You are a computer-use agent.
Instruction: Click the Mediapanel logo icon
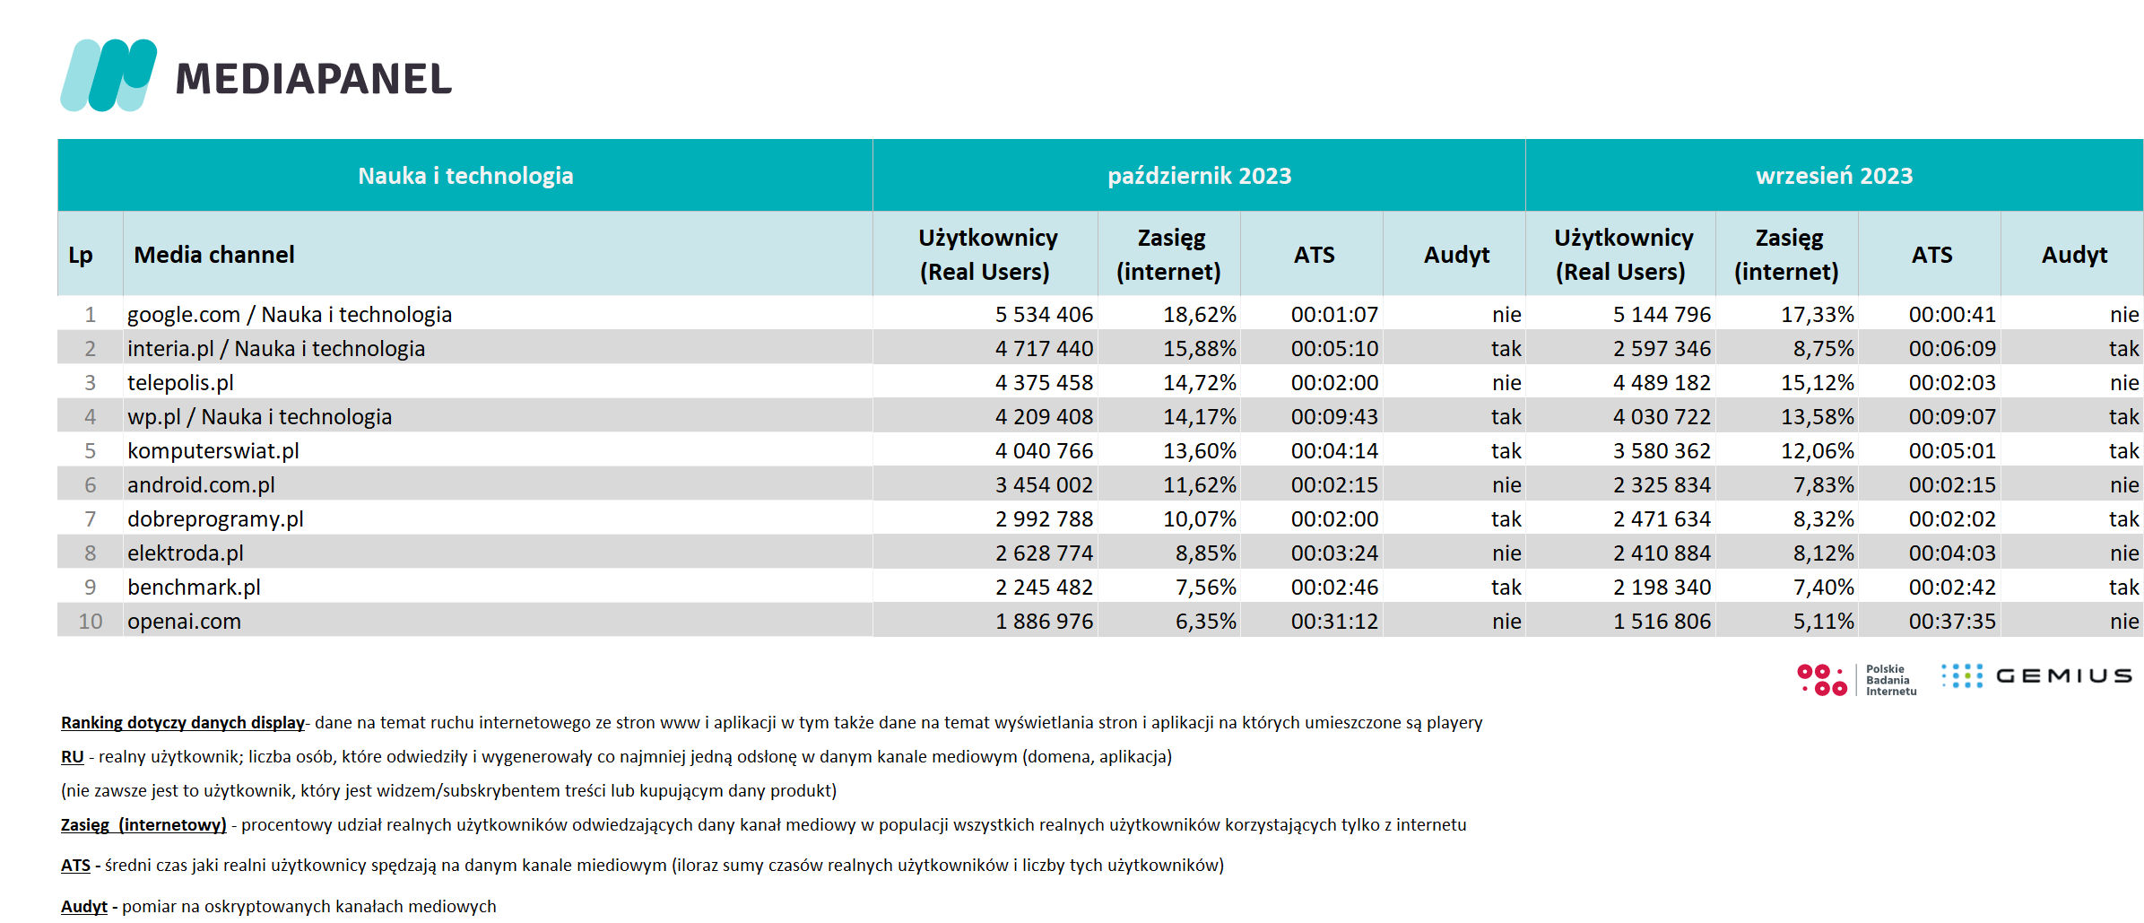click(x=109, y=75)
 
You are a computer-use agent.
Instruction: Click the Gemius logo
click(x=2036, y=675)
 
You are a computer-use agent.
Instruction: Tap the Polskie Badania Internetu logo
click(x=1856, y=680)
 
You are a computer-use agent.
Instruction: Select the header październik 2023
click(x=1199, y=176)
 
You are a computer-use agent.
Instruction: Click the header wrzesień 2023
click(x=1834, y=176)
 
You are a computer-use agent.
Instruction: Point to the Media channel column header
click(x=214, y=255)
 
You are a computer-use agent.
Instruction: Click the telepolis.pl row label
click(x=180, y=383)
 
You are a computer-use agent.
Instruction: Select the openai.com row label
click(x=184, y=622)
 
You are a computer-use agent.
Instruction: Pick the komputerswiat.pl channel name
click(x=213, y=451)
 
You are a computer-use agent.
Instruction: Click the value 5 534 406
click(x=1044, y=315)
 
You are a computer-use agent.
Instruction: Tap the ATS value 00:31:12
click(x=1334, y=622)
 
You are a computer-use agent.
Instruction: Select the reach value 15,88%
click(x=1200, y=349)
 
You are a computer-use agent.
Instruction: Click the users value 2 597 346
click(x=1662, y=349)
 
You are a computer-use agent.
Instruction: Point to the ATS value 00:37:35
click(x=1952, y=622)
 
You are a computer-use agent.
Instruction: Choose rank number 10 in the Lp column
click(x=91, y=622)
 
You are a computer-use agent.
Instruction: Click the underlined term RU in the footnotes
click(x=72, y=757)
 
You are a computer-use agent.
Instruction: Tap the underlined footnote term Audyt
click(x=83, y=907)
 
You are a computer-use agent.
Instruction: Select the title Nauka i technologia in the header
click(x=465, y=176)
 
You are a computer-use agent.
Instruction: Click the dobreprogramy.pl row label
click(x=215, y=519)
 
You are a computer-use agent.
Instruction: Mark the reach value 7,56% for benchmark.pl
click(x=1206, y=588)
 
